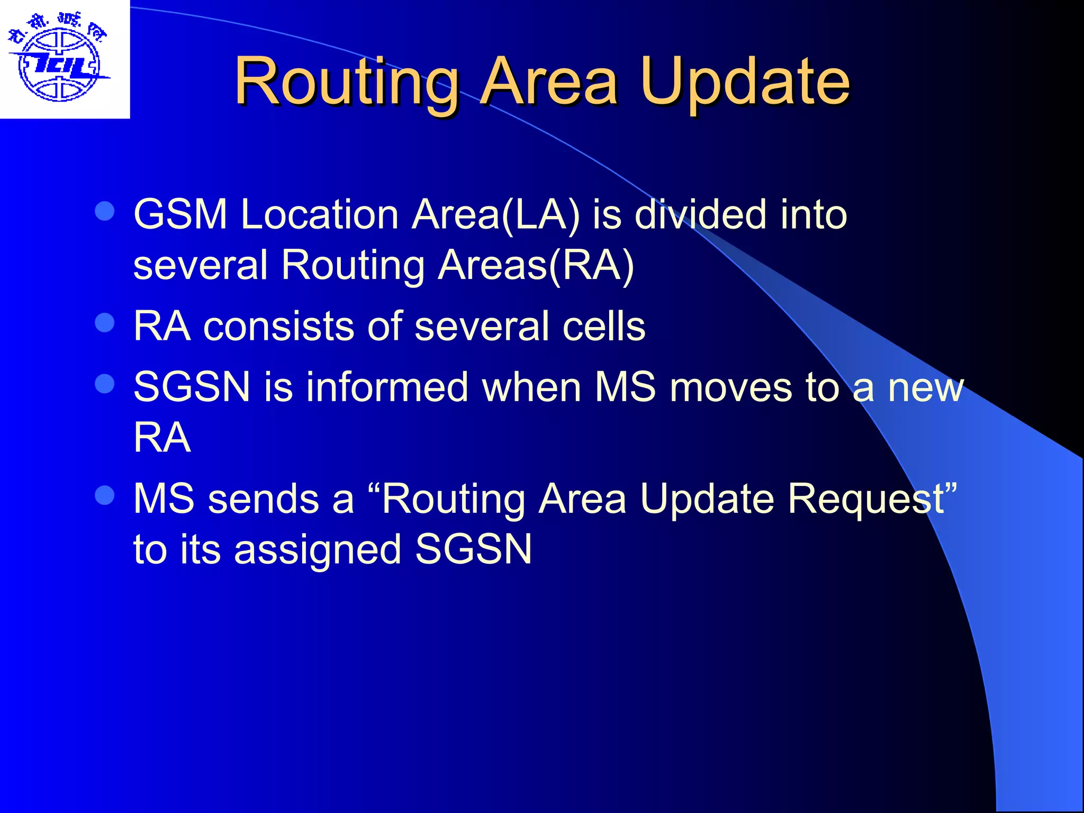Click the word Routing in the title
pos(347,82)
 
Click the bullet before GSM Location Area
pos(105,211)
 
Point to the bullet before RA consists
pos(105,322)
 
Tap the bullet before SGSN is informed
pos(105,384)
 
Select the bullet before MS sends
pos(105,495)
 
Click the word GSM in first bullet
pos(180,214)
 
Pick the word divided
pos(700,214)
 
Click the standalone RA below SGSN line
pos(162,438)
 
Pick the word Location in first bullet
pos(319,214)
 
